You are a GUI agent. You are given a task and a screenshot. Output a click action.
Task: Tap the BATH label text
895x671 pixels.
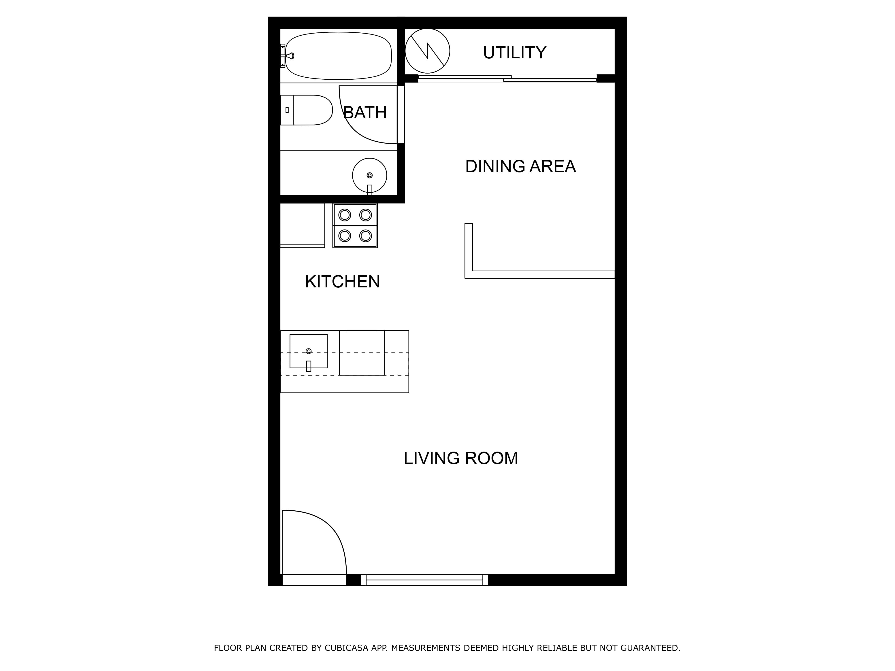pyautogui.click(x=364, y=113)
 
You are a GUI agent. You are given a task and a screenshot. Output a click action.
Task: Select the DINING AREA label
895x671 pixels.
pyautogui.click(x=520, y=166)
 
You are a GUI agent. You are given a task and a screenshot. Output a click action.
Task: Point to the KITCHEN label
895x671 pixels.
pyautogui.click(x=342, y=282)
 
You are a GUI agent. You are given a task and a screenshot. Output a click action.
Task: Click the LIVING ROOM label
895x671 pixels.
pyautogui.click(x=461, y=458)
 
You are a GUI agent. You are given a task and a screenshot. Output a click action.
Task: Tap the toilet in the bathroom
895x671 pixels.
pyautogui.click(x=306, y=110)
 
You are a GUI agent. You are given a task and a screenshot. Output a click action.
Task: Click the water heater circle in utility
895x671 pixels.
pyautogui.click(x=427, y=51)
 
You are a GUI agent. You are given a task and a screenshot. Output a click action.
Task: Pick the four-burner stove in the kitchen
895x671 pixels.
pyautogui.click(x=355, y=225)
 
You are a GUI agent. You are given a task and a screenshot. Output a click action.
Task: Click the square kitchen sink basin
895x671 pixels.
pyautogui.click(x=308, y=351)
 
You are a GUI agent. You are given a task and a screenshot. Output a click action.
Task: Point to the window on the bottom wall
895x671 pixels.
pyautogui.click(x=424, y=580)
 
